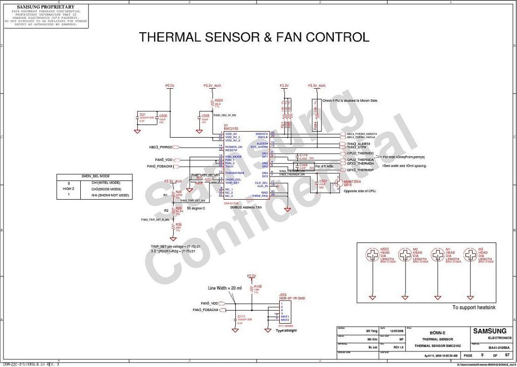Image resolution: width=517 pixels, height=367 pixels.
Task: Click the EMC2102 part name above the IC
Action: (x=231, y=128)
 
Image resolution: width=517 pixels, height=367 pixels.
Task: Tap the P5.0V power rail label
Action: (x=170, y=86)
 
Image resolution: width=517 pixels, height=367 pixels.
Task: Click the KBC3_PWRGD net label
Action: (x=161, y=147)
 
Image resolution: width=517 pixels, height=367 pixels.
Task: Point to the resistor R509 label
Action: (x=219, y=100)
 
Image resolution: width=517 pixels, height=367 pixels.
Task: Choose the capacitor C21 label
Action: (x=142, y=115)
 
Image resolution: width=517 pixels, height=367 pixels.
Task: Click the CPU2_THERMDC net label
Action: (x=359, y=153)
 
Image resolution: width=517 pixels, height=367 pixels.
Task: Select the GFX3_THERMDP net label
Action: (x=359, y=170)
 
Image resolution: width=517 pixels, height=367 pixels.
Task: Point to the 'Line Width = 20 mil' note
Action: (x=225, y=288)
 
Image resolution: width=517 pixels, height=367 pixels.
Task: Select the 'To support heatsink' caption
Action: (x=474, y=307)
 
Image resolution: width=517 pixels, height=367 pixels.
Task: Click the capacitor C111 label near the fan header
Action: (x=241, y=316)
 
